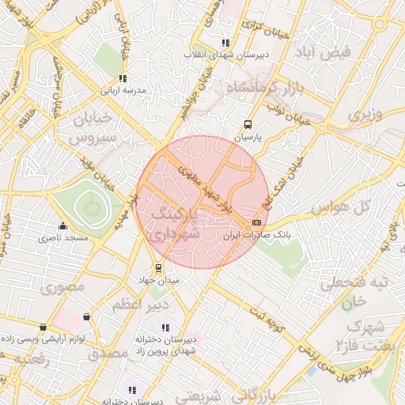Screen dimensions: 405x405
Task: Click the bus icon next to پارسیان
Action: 248,124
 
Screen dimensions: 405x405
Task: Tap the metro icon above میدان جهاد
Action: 159,267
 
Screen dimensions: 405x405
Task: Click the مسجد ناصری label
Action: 66,237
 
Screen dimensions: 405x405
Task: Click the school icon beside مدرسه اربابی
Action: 122,78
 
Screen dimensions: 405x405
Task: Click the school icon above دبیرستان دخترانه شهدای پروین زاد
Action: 165,327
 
